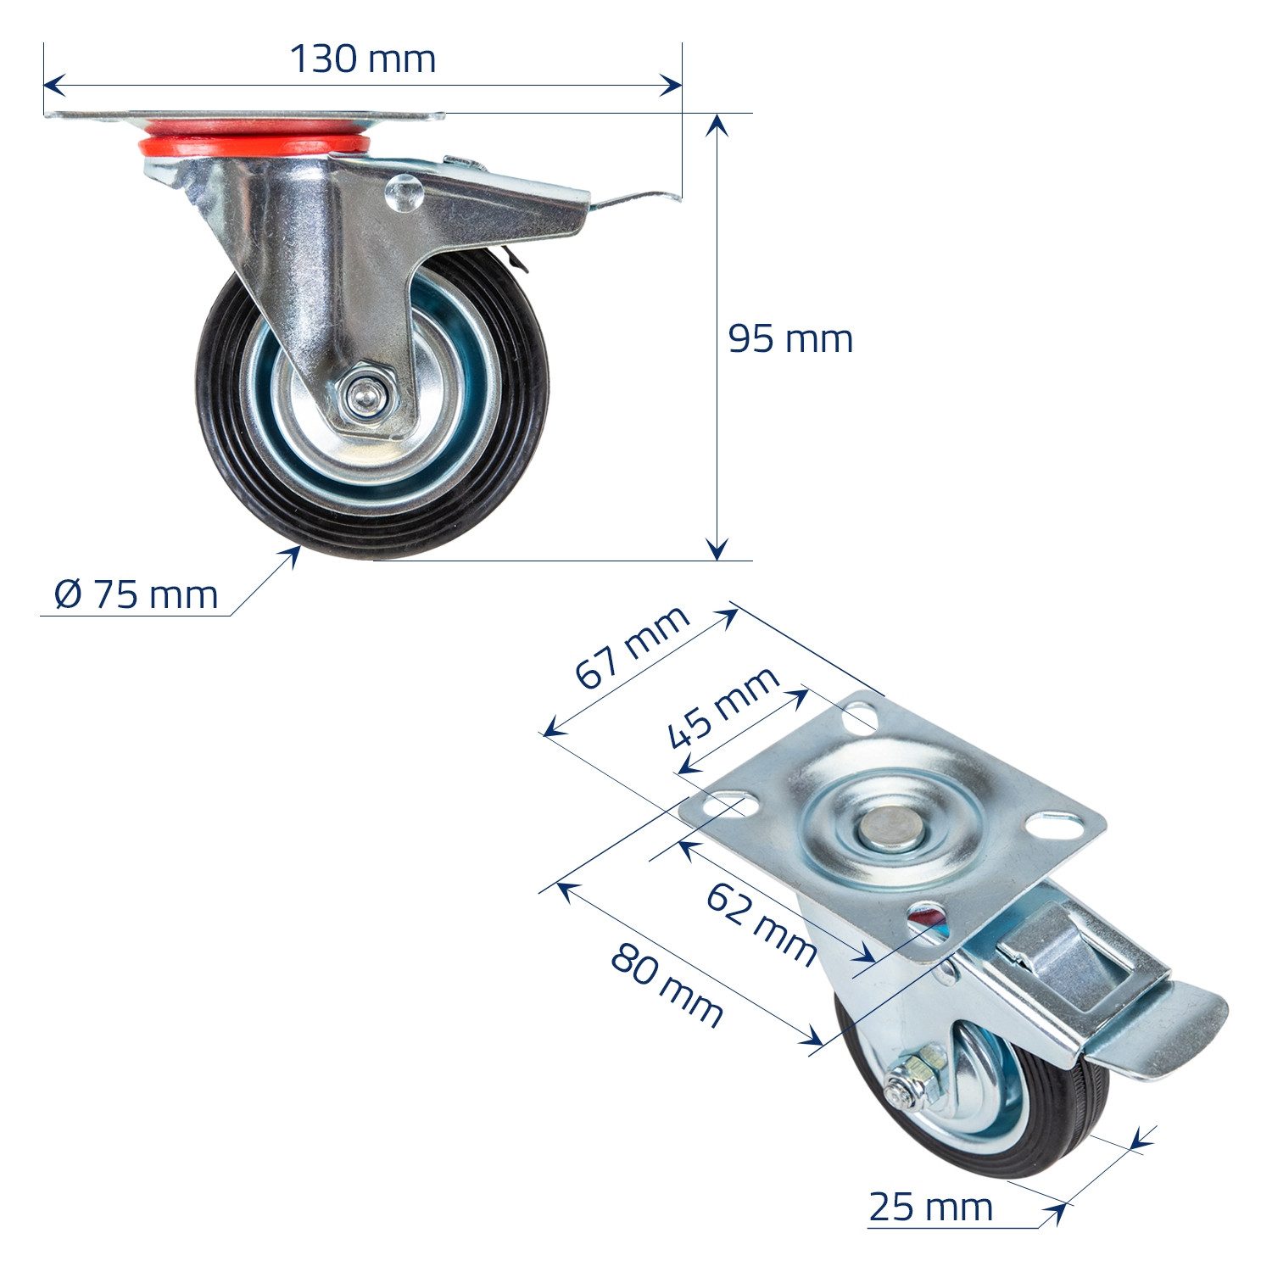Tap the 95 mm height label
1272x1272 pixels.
pyautogui.click(x=790, y=339)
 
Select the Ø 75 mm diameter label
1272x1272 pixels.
pyautogui.click(x=136, y=594)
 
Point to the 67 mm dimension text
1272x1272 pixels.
pyautogui.click(x=632, y=647)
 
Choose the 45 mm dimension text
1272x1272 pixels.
pyautogui.click(x=722, y=707)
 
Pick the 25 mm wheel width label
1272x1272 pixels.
pyautogui.click(x=930, y=1207)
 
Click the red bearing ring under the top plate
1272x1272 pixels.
pyautogui.click(x=254, y=144)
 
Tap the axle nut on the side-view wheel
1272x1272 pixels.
pyautogui.click(x=364, y=395)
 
